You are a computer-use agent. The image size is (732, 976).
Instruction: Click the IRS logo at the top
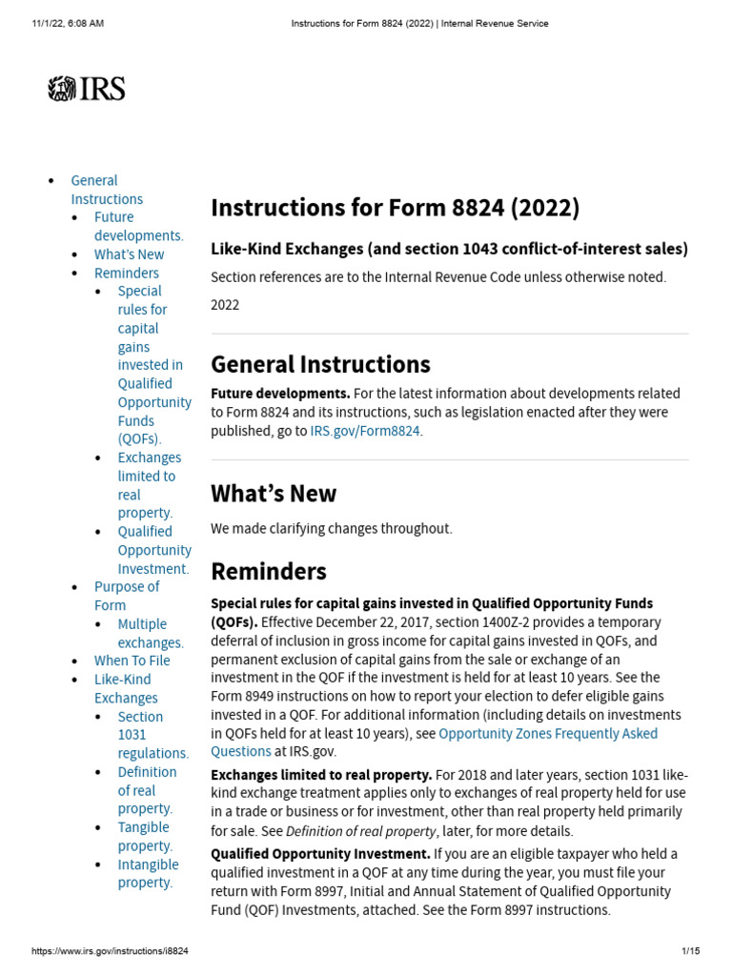pos(87,90)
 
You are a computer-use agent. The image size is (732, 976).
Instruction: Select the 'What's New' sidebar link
pos(129,254)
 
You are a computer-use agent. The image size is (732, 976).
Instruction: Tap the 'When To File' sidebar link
pos(132,661)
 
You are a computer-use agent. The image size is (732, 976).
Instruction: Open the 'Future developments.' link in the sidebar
pos(138,226)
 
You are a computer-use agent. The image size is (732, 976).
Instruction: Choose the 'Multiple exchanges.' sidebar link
pos(150,633)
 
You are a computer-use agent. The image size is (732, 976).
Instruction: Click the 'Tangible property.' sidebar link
pos(145,837)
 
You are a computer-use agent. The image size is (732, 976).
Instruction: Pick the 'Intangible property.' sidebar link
pos(148,873)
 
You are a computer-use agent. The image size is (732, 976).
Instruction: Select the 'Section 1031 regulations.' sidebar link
pos(152,734)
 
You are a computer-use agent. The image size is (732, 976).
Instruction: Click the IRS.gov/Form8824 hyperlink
pos(365,431)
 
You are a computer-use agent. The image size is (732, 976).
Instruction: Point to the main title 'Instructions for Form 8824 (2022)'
pos(395,208)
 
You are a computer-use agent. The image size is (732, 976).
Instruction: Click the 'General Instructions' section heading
pos(320,364)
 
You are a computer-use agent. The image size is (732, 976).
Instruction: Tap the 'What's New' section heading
pos(274,494)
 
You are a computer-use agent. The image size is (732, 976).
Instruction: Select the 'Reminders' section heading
pos(269,571)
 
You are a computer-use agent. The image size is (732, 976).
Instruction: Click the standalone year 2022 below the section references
pos(225,305)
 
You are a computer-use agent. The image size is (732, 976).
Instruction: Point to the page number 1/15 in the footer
pos(690,951)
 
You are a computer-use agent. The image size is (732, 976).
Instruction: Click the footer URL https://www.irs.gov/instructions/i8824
pos(110,951)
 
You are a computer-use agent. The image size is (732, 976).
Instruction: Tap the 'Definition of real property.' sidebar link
pos(147,790)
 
